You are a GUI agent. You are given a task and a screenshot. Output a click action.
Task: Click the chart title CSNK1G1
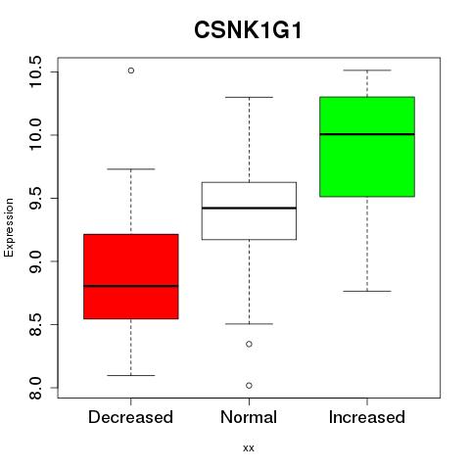248,30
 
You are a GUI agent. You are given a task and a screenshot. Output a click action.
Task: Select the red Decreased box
131,276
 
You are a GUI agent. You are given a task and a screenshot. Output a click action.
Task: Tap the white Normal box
249,211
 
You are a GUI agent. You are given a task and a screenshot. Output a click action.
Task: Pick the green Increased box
367,147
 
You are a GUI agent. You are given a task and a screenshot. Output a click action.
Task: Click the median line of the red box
131,286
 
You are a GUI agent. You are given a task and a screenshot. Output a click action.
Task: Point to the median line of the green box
367,134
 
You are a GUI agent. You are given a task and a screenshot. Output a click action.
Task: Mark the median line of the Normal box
249,208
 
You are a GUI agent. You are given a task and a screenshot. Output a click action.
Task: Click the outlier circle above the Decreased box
131,70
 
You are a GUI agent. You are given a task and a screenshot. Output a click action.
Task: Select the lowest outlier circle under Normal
249,386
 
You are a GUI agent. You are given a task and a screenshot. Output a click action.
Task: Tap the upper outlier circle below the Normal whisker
249,344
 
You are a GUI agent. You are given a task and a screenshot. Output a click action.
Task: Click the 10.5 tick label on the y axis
35,71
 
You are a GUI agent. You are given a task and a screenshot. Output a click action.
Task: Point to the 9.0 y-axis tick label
35,261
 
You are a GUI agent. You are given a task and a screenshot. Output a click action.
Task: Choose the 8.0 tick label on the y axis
35,388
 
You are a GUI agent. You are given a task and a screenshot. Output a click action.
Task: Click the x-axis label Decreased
130,417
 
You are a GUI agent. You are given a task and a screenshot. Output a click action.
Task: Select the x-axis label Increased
367,417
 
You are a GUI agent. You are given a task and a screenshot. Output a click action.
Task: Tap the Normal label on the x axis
249,417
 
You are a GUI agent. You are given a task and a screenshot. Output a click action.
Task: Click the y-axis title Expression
9,227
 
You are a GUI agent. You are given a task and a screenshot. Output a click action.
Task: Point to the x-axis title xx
249,448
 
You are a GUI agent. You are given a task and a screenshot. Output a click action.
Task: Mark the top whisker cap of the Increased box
367,70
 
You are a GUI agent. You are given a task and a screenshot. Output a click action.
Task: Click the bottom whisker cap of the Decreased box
131,375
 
